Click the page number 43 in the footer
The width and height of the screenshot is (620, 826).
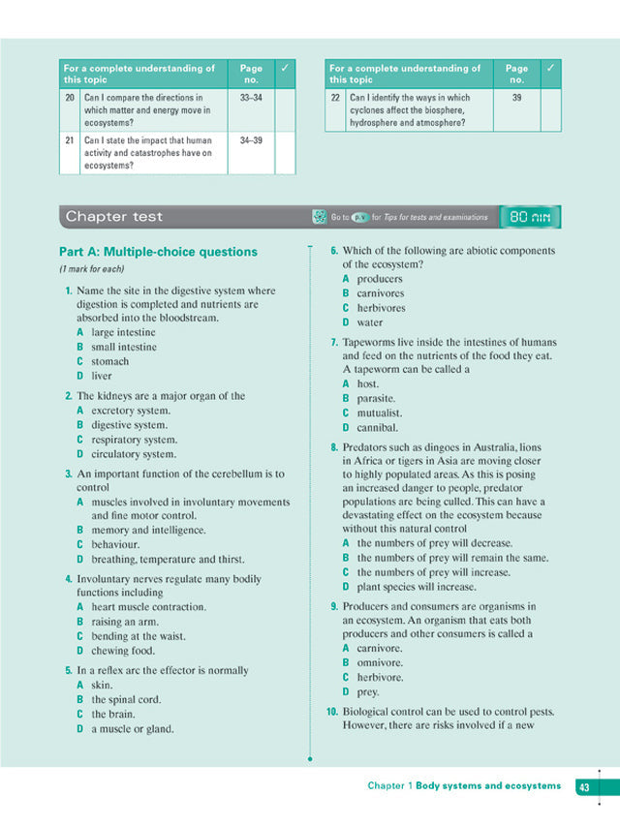pos(585,786)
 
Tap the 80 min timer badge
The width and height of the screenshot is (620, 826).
pos(529,217)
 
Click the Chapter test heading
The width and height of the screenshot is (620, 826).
pos(114,217)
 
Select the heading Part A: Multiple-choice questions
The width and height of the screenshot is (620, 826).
pos(158,252)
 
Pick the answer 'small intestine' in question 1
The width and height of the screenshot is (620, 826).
pos(123,347)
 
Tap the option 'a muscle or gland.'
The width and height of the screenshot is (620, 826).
pos(133,728)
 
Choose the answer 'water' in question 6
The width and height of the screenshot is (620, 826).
pos(369,322)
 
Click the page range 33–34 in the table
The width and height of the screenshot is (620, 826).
pos(251,99)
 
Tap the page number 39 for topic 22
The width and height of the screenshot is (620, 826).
pos(516,99)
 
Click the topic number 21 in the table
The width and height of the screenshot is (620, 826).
pos(70,140)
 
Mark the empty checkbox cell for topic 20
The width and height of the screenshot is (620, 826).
pos(285,110)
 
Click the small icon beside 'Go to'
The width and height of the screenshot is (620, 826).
pos(318,217)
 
